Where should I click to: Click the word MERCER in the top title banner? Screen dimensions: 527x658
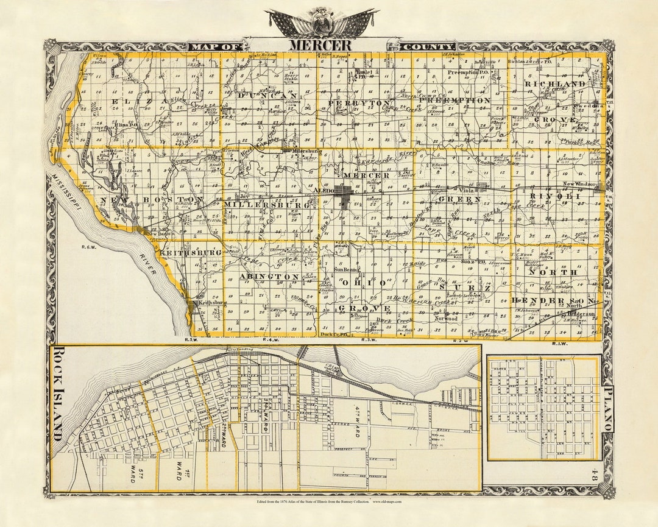tap(320, 45)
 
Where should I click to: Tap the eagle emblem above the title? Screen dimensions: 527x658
tap(322, 22)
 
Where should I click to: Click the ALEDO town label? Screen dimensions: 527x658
tap(323, 191)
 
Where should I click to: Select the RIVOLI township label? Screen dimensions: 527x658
tap(553, 196)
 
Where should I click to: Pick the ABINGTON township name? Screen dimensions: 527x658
tap(269, 276)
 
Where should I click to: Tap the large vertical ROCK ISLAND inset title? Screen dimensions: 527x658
tap(58, 393)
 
